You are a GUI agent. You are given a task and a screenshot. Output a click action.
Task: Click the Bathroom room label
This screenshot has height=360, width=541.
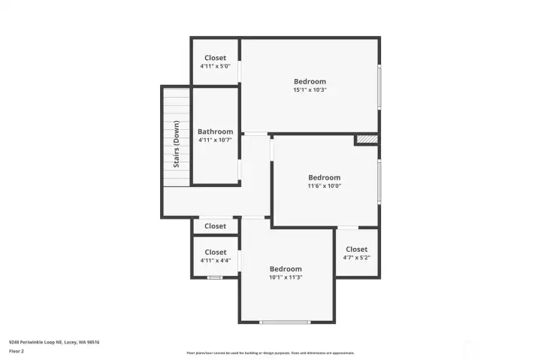pyautogui.click(x=215, y=132)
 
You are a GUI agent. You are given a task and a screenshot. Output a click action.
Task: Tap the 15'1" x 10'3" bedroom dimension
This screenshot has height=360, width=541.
pyautogui.click(x=310, y=90)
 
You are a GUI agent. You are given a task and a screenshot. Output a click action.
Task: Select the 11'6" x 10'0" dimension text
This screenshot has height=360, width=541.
pyautogui.click(x=325, y=186)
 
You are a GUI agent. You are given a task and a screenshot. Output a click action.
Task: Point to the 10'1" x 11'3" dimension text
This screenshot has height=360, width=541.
pyautogui.click(x=286, y=277)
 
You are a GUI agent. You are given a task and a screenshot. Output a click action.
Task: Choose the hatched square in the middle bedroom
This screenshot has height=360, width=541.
pyautogui.click(x=366, y=139)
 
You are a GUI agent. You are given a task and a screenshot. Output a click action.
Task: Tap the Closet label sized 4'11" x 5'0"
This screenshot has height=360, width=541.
pyautogui.click(x=215, y=58)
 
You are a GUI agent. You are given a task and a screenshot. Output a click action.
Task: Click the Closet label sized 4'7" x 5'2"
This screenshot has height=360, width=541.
pyautogui.click(x=356, y=250)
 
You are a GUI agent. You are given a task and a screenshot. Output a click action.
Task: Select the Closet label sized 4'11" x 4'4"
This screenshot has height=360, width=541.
pyautogui.click(x=215, y=253)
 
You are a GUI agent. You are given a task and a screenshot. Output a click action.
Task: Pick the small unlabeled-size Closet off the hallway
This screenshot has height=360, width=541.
pyautogui.click(x=215, y=226)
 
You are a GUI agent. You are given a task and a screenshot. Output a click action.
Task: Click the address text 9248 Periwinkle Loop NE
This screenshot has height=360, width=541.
pyautogui.click(x=54, y=342)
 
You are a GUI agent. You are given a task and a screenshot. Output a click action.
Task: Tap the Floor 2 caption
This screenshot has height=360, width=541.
pyautogui.click(x=17, y=350)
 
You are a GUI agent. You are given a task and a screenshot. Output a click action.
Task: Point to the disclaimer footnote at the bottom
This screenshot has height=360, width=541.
pyautogui.click(x=270, y=352)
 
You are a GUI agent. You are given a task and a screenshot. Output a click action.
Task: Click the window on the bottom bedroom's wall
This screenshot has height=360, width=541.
pyautogui.click(x=285, y=322)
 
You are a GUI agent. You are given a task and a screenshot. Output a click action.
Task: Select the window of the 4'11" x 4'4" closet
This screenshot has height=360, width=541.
pyautogui.click(x=215, y=278)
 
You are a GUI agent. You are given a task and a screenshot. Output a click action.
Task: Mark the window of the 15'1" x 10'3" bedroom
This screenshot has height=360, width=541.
pyautogui.click(x=379, y=87)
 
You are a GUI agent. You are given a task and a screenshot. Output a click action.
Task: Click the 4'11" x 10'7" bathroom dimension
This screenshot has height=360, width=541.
pyautogui.click(x=215, y=140)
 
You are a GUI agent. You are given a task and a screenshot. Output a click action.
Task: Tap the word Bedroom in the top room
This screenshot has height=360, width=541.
pyautogui.click(x=310, y=81)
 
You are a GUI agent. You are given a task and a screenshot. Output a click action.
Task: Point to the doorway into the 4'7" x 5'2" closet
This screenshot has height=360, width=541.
pyautogui.click(x=348, y=227)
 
